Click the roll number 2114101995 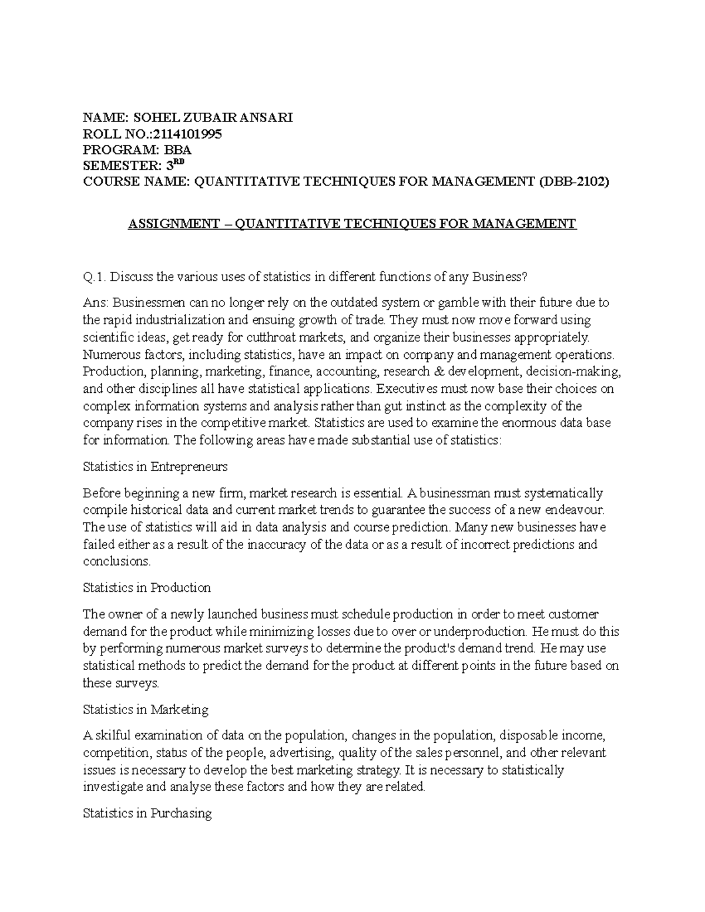click(189, 134)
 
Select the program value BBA click(177, 150)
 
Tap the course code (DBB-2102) click(574, 182)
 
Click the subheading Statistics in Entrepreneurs click(155, 467)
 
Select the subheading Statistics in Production click(147, 588)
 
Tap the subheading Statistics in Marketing click(146, 709)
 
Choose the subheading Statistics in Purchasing click(147, 813)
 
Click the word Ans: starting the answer click(96, 303)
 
